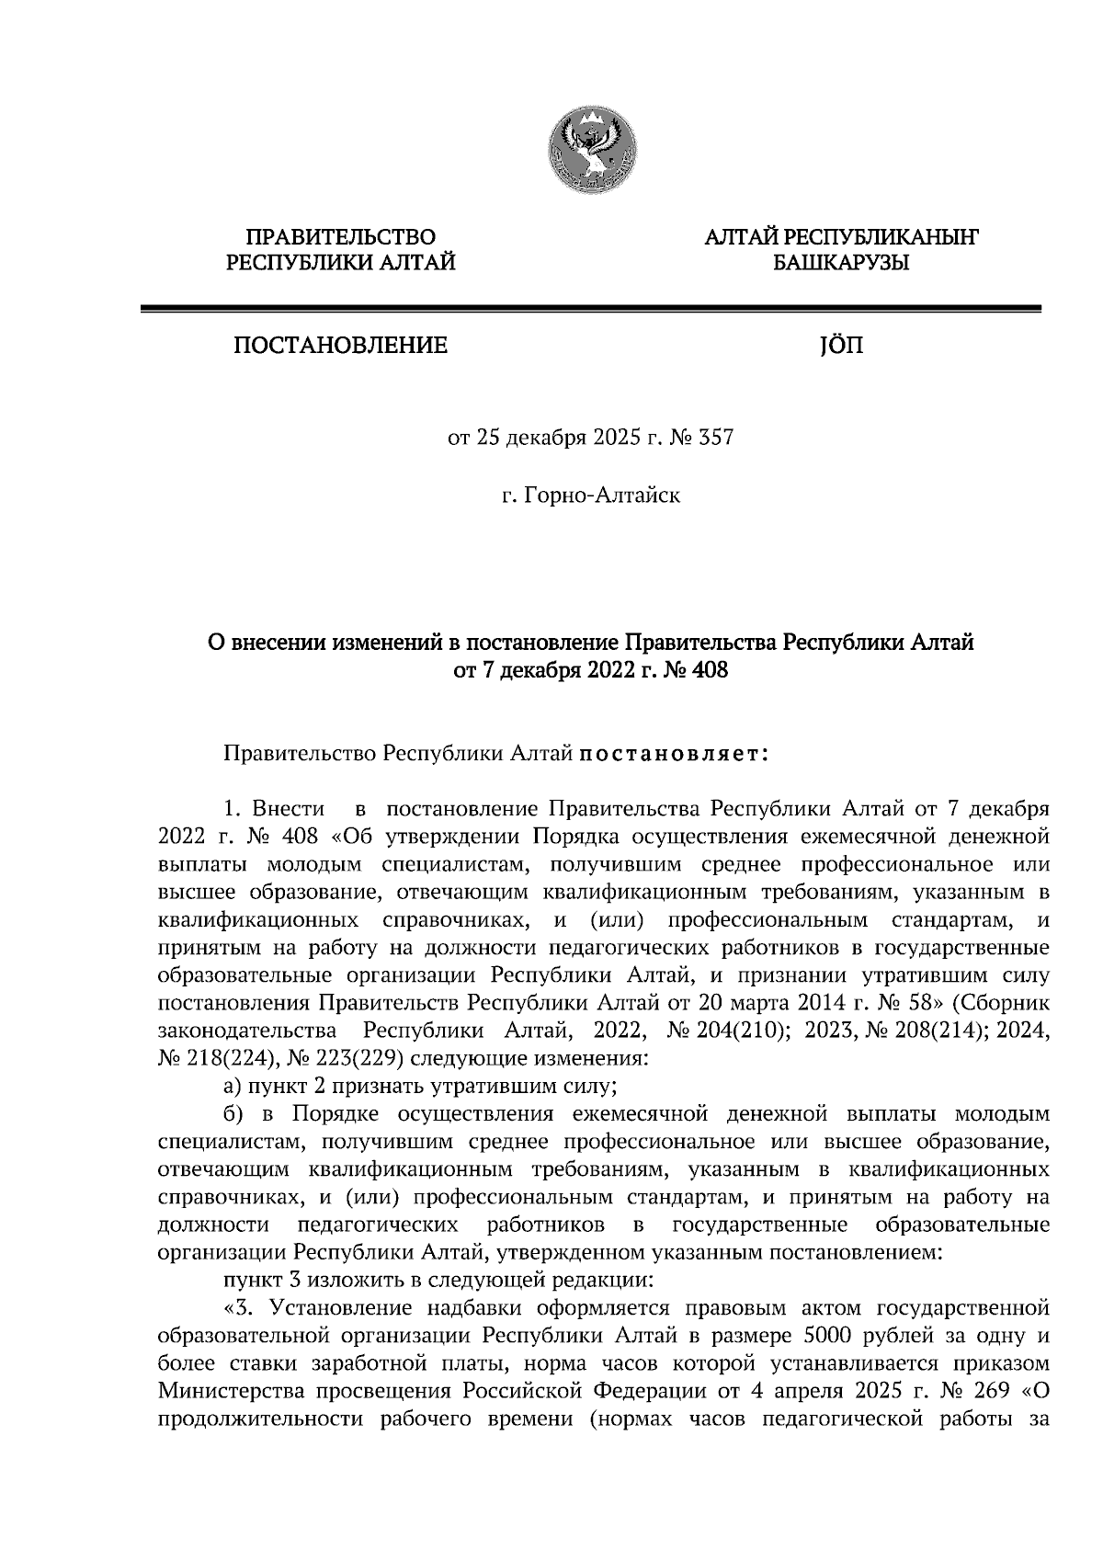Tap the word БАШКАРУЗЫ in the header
click(840, 264)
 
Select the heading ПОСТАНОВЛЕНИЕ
click(340, 347)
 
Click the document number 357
click(716, 439)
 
